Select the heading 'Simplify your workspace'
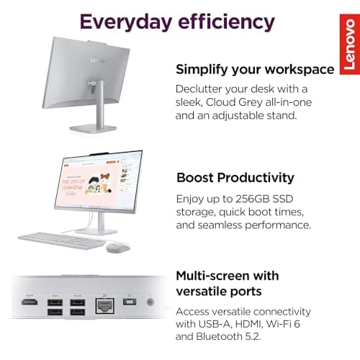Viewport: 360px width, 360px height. (x=255, y=69)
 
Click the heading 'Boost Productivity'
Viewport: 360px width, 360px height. (x=235, y=177)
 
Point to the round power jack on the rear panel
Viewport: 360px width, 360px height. (x=151, y=302)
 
